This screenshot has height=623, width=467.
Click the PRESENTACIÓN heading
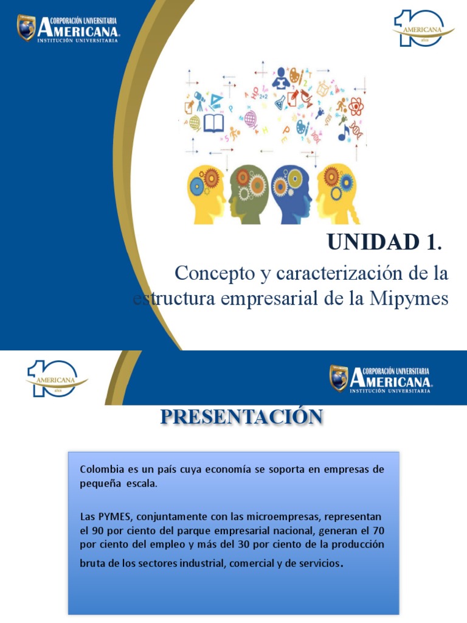[241, 417]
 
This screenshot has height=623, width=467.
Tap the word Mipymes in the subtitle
[412, 299]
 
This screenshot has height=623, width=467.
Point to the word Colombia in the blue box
[100, 470]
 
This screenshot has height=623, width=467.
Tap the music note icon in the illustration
[344, 131]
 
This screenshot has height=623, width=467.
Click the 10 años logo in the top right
[424, 27]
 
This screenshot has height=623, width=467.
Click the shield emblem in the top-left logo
[26, 28]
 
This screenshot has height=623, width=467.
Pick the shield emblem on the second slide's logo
[339, 378]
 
